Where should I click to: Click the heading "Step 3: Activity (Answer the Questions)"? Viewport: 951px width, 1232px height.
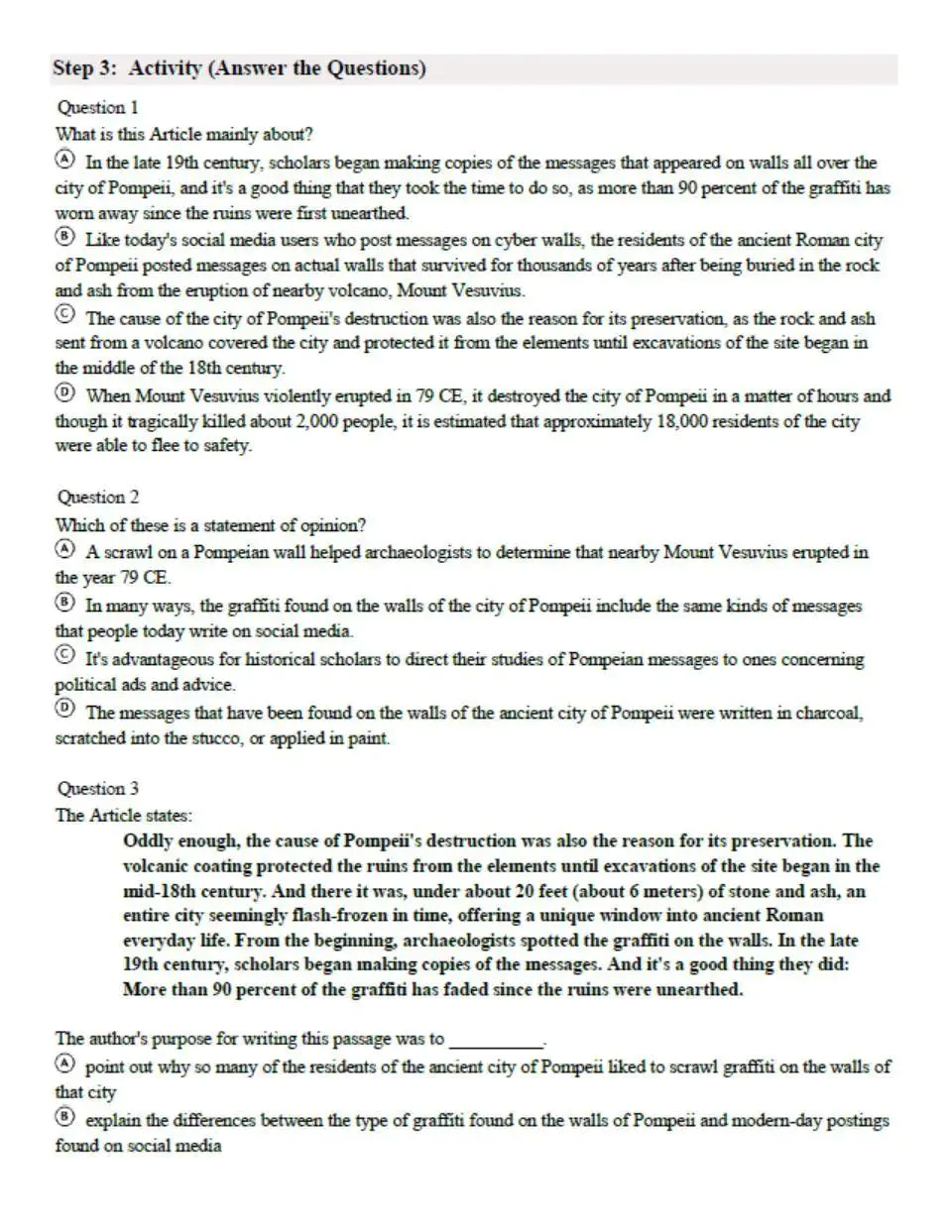pyautogui.click(x=239, y=68)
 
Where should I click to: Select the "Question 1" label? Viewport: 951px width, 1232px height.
pyautogui.click(x=97, y=107)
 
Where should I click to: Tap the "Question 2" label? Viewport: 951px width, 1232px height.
pyautogui.click(x=97, y=497)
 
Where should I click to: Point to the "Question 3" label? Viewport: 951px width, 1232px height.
pyautogui.click(x=97, y=788)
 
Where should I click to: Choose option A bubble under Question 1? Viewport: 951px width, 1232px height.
pyautogui.click(x=64, y=160)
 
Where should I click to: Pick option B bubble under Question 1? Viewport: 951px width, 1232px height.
pyautogui.click(x=64, y=237)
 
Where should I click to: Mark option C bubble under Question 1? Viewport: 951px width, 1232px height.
pyautogui.click(x=64, y=315)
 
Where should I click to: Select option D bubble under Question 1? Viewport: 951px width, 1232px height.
pyautogui.click(x=64, y=392)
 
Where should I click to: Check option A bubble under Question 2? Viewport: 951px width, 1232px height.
pyautogui.click(x=64, y=549)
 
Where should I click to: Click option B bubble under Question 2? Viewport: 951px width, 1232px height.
pyautogui.click(x=64, y=603)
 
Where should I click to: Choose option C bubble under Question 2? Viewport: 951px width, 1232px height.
pyautogui.click(x=64, y=656)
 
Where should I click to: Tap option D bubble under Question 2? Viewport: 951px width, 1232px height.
pyautogui.click(x=64, y=709)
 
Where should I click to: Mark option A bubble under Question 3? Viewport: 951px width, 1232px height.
pyautogui.click(x=64, y=1064)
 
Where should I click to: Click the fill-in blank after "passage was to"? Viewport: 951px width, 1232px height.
pyautogui.click(x=497, y=1041)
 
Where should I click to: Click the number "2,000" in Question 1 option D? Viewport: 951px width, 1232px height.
pyautogui.click(x=322, y=421)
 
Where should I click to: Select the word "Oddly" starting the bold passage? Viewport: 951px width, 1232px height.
pyautogui.click(x=146, y=840)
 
